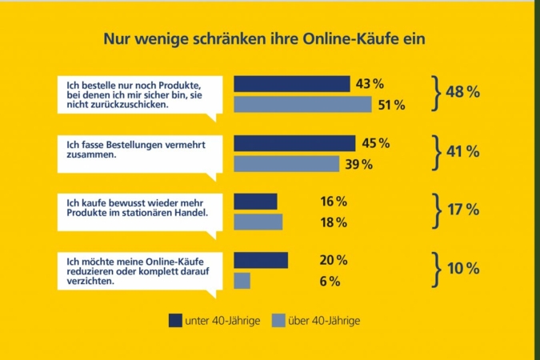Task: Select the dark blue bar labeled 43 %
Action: tap(291, 84)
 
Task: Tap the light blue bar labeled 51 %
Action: tap(302, 104)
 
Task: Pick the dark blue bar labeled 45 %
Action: tap(294, 143)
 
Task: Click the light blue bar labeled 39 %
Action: tap(286, 164)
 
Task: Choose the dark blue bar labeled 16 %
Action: tap(255, 202)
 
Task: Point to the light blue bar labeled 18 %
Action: tap(258, 222)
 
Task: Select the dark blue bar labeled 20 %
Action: tap(260, 260)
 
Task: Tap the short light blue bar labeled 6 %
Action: tap(242, 281)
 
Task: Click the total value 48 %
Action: tap(463, 93)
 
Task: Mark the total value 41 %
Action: tap(463, 151)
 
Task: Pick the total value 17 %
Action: tap(463, 210)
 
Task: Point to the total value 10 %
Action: tap(463, 269)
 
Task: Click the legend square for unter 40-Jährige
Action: tap(175, 320)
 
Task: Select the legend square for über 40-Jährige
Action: tap(278, 320)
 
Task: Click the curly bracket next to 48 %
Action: tap(436, 94)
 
